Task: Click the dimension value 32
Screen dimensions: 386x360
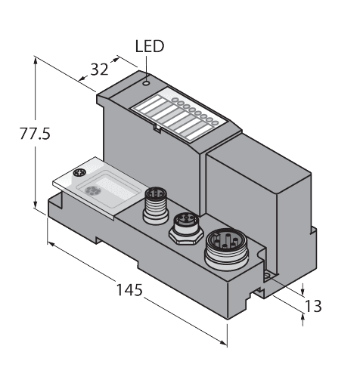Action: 99,69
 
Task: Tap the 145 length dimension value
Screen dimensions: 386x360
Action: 129,290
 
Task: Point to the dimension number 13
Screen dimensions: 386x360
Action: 313,306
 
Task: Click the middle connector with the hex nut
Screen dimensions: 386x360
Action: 182,226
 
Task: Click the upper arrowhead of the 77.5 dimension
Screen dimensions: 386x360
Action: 36,63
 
